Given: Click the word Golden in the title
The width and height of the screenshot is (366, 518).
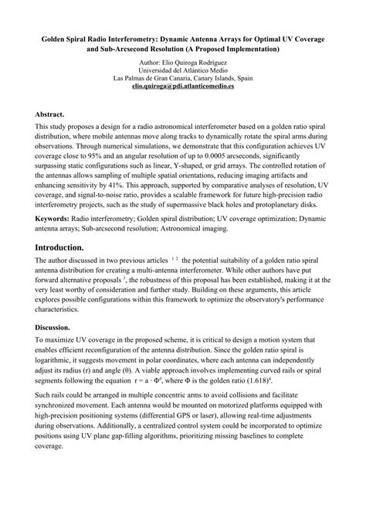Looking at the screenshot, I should coord(56,38).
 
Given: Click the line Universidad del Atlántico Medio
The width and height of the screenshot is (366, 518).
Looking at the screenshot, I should coord(183,69).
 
